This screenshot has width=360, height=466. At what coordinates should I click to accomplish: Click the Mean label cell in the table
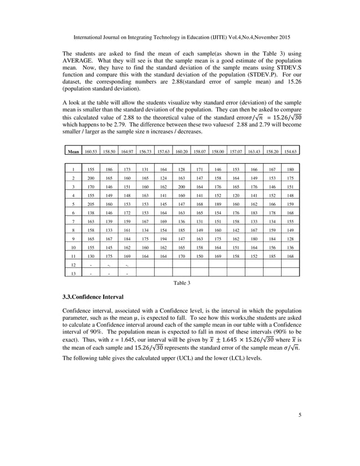click(x=73, y=152)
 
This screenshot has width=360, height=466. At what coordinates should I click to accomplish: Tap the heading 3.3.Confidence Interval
click(x=93, y=296)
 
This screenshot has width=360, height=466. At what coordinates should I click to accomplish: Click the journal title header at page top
click(x=181, y=37)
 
